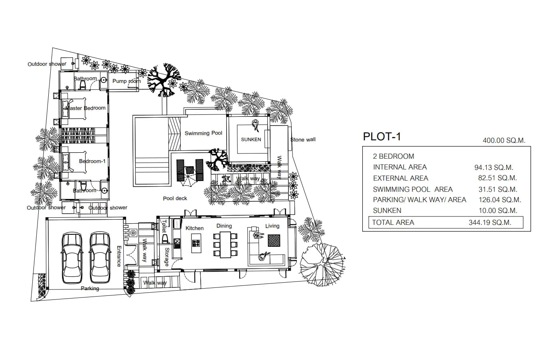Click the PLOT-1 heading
tap(382, 137)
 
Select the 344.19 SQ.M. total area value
tap(490, 222)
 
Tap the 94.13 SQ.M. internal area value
tap(494, 167)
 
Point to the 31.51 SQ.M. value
tap(498, 189)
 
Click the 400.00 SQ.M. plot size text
tap(504, 141)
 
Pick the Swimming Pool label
tap(203, 133)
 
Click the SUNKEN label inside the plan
tap(251, 140)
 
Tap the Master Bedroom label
tap(85, 108)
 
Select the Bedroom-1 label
tap(92, 161)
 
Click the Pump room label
tap(126, 81)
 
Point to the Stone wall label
tap(303, 140)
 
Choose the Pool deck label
tap(175, 198)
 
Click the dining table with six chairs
tap(225, 245)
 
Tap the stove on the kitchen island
tap(196, 243)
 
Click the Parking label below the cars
tap(90, 289)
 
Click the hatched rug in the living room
tap(274, 240)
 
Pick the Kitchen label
tap(195, 228)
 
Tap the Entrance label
tap(119, 256)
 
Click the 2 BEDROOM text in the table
tap(393, 156)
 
